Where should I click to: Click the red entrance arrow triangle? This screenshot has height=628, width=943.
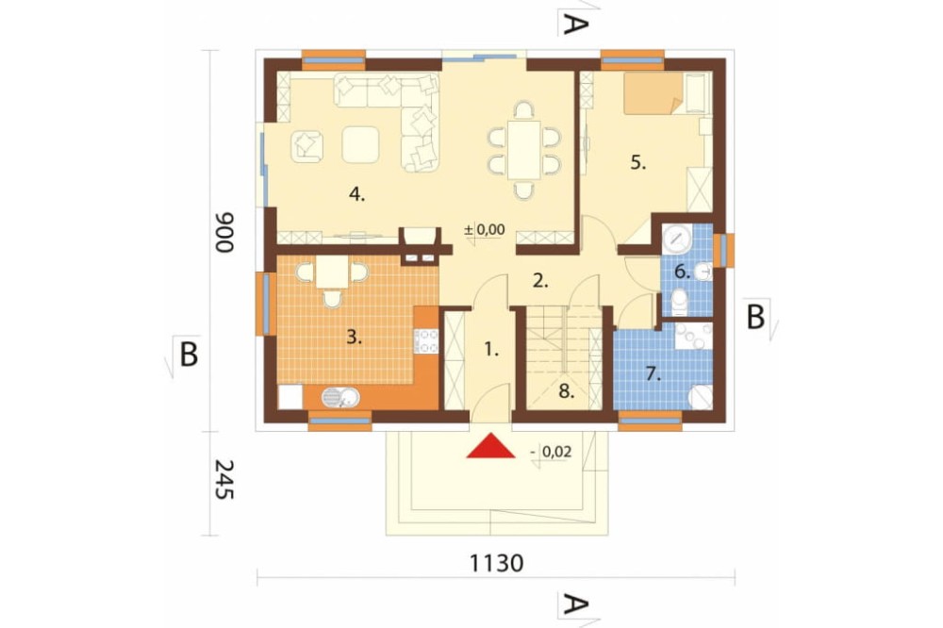[490, 447]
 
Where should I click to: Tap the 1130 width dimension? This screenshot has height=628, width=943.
[496, 564]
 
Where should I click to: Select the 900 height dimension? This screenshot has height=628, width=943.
[223, 229]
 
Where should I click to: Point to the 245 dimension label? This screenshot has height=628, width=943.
[223, 480]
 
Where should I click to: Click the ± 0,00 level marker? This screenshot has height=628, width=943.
[486, 229]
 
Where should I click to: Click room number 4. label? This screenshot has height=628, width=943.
[356, 195]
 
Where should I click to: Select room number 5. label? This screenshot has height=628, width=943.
[638, 162]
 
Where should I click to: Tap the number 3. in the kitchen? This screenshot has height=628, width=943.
[354, 338]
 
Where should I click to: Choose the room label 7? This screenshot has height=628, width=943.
[652, 373]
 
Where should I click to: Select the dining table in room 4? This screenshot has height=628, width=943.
[523, 149]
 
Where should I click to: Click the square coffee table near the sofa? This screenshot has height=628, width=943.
[361, 144]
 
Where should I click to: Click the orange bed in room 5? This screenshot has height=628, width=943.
[652, 94]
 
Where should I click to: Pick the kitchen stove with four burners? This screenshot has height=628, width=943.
[427, 340]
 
